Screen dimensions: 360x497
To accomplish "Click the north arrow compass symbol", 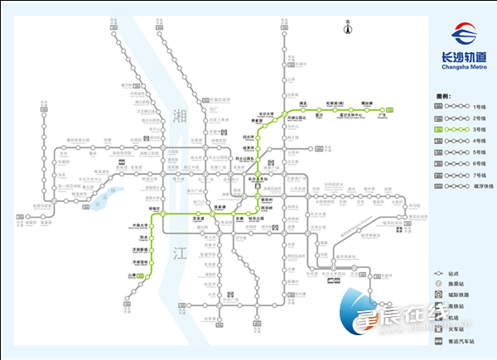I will coord(349,29).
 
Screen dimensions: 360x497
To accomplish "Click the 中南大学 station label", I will coord(140,226).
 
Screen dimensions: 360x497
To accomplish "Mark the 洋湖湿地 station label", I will coord(139,262).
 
